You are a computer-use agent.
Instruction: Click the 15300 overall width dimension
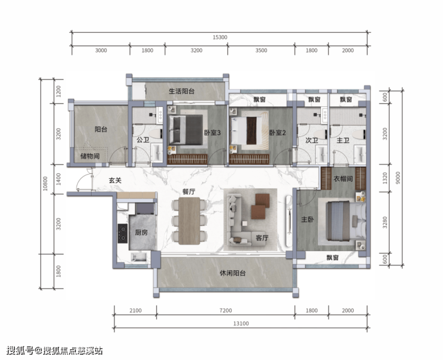tap(220, 37)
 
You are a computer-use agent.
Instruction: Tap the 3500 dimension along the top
tap(261, 50)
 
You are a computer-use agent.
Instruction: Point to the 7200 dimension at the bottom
tap(226, 310)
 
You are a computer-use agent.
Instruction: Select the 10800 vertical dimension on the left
tap(45, 184)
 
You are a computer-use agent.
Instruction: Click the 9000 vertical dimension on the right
tap(398, 178)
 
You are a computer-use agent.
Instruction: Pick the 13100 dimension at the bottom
tap(241, 324)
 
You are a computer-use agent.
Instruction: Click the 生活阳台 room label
tap(181, 91)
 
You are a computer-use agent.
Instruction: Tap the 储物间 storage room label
tap(90, 156)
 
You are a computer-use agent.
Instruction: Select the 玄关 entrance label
tap(116, 180)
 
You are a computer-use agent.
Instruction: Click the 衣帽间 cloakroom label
tap(343, 179)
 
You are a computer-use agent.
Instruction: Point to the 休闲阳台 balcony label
tap(233, 273)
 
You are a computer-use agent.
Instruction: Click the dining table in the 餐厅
tap(189, 221)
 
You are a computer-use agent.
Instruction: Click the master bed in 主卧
tap(345, 221)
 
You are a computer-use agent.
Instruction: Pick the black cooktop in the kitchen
tap(123, 233)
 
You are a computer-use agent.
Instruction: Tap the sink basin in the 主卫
tap(360, 154)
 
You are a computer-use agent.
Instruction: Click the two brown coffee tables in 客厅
tap(260, 206)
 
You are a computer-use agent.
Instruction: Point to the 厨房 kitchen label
tap(141, 233)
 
